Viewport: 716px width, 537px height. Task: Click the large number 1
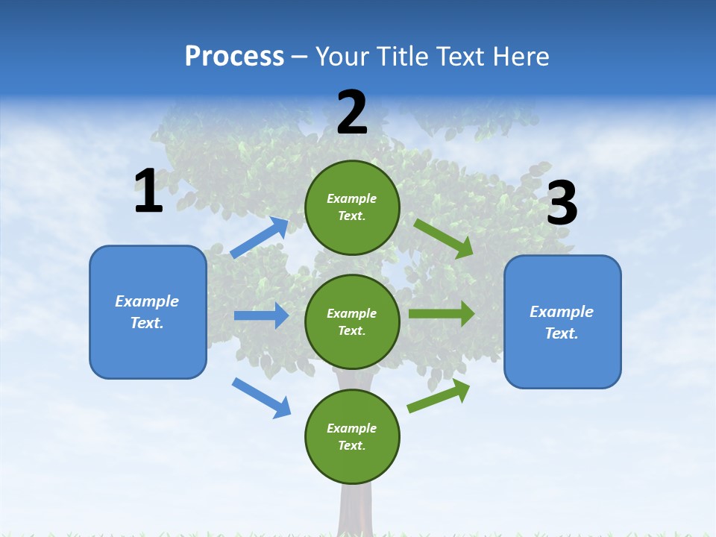point(148,192)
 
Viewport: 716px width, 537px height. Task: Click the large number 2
point(352,113)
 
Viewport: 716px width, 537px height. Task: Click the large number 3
point(562,204)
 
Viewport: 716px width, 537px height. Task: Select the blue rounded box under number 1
point(148,313)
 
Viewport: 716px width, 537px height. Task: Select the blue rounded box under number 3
point(562,322)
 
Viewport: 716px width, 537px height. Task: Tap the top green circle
point(352,207)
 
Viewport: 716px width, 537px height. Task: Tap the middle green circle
point(352,321)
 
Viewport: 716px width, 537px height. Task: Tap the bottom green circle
point(352,436)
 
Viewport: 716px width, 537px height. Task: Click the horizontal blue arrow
point(262,315)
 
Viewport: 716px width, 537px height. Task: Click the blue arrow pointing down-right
point(262,398)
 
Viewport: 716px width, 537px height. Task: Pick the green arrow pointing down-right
point(444,239)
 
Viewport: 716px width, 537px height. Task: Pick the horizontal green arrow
point(442,314)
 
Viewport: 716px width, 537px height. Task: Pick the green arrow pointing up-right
point(439,396)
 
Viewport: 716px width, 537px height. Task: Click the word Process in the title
point(234,57)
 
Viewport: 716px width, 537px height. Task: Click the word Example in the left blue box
point(147,301)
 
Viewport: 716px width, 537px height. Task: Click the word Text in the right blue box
point(561,333)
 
